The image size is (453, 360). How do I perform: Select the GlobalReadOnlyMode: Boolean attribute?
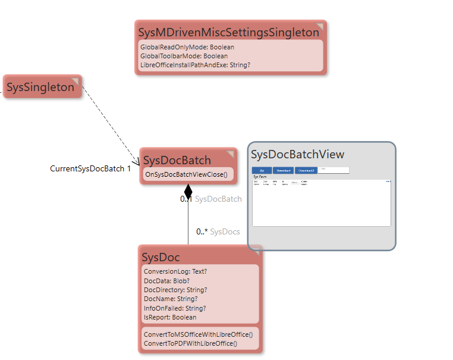click(x=187, y=47)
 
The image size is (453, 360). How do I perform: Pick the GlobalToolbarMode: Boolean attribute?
click(x=184, y=56)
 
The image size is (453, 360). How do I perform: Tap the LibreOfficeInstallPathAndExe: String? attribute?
click(x=195, y=65)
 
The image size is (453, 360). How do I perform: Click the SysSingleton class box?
click(x=41, y=87)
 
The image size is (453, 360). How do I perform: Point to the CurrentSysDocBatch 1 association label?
click(x=90, y=169)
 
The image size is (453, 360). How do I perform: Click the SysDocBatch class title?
click(x=177, y=160)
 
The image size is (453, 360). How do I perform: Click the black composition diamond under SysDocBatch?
click(x=188, y=192)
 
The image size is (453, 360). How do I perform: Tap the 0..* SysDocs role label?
click(x=218, y=231)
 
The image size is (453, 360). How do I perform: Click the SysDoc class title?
click(x=161, y=257)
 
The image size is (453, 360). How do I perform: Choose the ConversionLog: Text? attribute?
click(x=175, y=271)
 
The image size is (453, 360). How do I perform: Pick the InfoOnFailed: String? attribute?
click(x=175, y=308)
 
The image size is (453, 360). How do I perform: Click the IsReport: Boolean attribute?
click(x=170, y=317)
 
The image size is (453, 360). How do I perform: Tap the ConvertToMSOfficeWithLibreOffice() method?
click(x=202, y=334)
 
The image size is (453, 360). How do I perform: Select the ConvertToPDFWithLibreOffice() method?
click(x=190, y=343)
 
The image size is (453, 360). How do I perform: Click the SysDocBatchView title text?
click(x=297, y=155)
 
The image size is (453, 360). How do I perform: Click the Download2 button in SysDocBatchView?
click(x=306, y=170)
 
